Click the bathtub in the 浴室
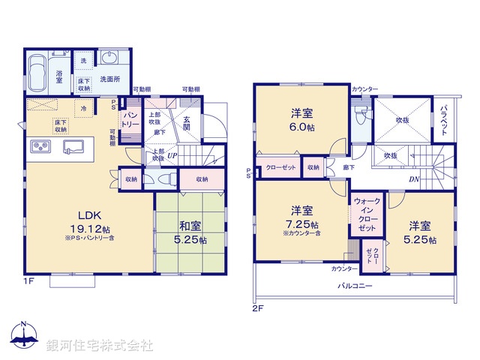pyautogui.click(x=37, y=73)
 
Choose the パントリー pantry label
pyautogui.click(x=130, y=118)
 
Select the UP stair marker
pyautogui.click(x=172, y=155)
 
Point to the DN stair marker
pyautogui.click(x=414, y=178)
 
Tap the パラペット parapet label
pyautogui.click(x=445, y=119)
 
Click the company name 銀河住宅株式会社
pyautogui.click(x=99, y=346)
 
